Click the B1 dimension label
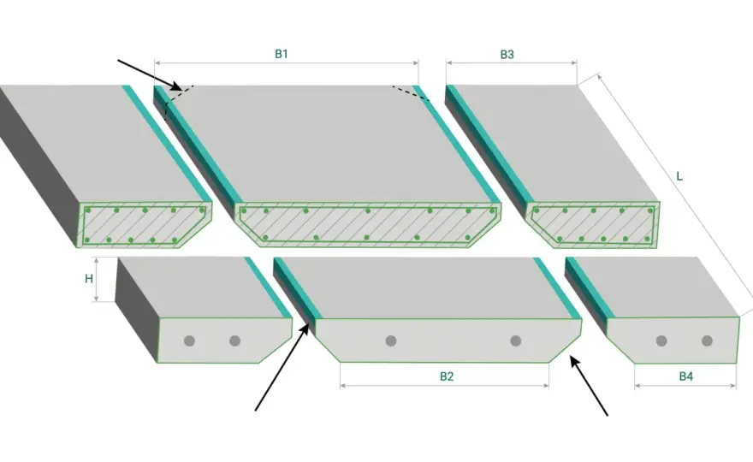coord(282,54)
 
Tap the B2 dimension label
coord(447,376)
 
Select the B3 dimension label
coord(507,54)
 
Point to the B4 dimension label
coord(685,376)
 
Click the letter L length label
coord(679,176)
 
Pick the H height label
coord(89,279)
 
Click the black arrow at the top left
coord(150,75)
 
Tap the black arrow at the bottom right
coord(589,386)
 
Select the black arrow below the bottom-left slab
coord(282,367)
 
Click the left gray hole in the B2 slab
coord(391,341)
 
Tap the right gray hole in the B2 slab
coord(516,341)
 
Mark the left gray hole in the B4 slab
coord(661,341)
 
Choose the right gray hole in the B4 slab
coord(707,341)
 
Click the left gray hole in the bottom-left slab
coord(189,341)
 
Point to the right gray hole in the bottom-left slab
coord(234,341)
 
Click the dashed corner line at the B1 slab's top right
coord(410,93)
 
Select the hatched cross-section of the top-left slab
coord(144,224)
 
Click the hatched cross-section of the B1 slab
coord(368,224)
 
